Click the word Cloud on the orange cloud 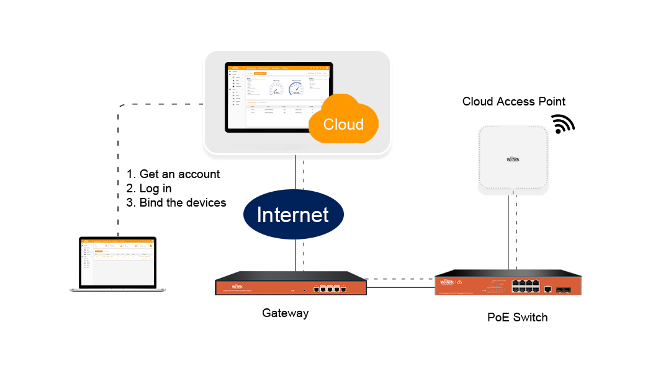pos(343,123)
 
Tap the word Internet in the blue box pos(292,215)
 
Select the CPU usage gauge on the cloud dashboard pos(276,89)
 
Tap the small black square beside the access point pos(563,123)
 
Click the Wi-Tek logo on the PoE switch pos(448,283)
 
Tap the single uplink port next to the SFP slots pos(548,288)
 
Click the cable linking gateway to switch pos(400,283)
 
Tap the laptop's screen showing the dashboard pos(117,263)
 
